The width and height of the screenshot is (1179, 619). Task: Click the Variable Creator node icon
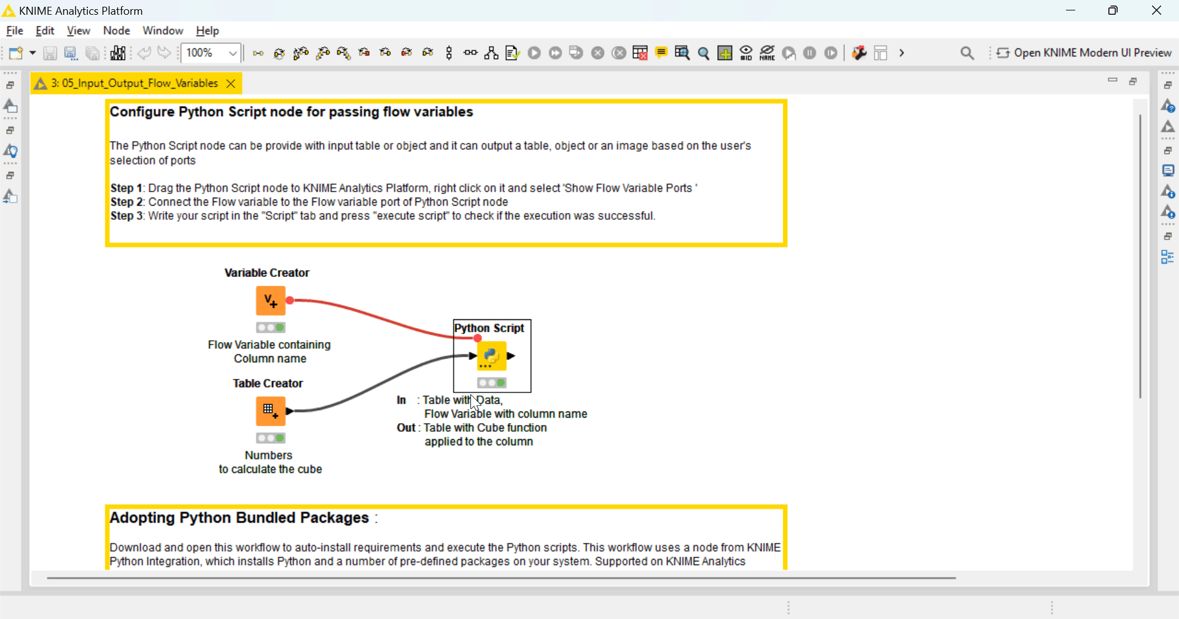click(x=271, y=301)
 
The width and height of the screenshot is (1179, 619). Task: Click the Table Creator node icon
click(x=271, y=411)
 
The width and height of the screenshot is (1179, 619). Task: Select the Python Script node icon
click(x=492, y=356)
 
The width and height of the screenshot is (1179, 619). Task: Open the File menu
click(x=14, y=31)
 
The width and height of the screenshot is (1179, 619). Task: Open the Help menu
click(x=207, y=31)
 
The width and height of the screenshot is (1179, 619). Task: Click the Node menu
click(x=116, y=31)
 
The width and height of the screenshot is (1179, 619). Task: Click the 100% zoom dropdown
click(x=233, y=53)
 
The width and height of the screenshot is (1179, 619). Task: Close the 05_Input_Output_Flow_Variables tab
click(x=231, y=84)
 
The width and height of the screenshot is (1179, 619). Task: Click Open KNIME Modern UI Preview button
click(x=1084, y=53)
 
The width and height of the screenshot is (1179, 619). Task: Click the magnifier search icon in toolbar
click(x=967, y=53)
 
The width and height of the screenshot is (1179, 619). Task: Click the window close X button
click(x=1156, y=10)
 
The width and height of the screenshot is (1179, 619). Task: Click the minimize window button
click(x=1070, y=10)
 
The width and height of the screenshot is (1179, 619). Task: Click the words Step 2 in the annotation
click(x=126, y=202)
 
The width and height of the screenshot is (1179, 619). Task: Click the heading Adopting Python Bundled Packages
click(x=239, y=518)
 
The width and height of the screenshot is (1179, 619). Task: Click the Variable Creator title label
click(x=267, y=273)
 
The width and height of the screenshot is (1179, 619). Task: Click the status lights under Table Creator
click(x=271, y=438)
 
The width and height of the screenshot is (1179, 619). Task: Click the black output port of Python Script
click(x=511, y=356)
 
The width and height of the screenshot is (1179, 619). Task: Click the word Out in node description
click(x=405, y=427)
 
